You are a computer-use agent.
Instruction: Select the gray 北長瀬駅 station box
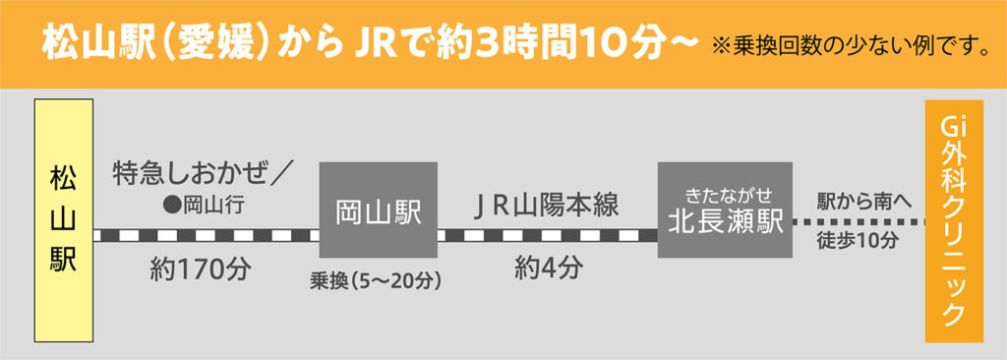coord(725,209)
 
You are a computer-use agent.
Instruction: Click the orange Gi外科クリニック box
coord(953,220)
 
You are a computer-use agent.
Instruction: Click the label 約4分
coord(549,268)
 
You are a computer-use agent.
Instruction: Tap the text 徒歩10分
coord(858,242)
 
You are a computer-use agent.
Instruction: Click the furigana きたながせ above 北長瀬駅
coord(725,188)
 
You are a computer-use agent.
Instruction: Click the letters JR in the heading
coord(364,43)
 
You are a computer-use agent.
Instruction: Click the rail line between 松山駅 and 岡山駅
coord(207,235)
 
